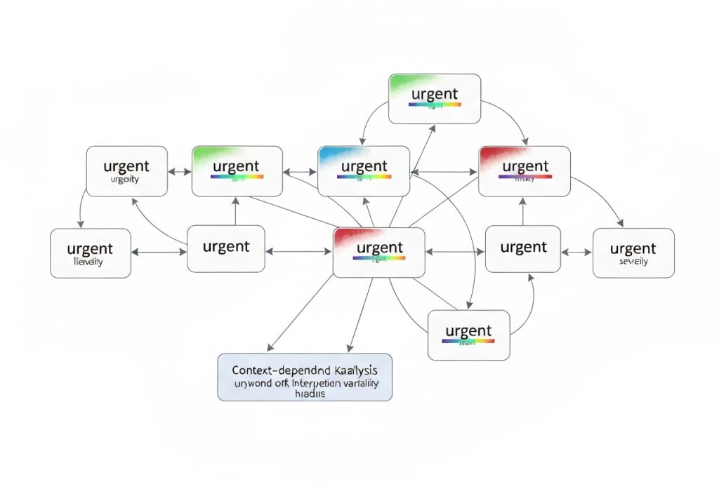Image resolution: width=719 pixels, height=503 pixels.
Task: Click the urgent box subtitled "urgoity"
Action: pyautogui.click(x=127, y=171)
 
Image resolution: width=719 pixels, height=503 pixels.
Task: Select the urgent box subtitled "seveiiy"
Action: pyautogui.click(x=633, y=253)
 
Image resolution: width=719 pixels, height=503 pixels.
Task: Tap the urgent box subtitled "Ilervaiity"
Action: pyautogui.click(x=91, y=253)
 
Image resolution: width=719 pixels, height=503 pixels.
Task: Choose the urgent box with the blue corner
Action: pyautogui.click(x=364, y=171)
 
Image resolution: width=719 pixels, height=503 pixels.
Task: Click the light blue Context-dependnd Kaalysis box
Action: pyautogui.click(x=305, y=377)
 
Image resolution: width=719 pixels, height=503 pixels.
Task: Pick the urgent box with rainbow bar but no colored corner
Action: pyautogui.click(x=468, y=335)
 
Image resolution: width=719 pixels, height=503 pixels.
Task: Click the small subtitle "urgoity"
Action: pyautogui.click(x=125, y=180)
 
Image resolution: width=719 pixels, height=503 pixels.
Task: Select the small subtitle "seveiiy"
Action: pyautogui.click(x=633, y=261)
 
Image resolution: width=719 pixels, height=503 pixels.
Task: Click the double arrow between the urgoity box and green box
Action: pyautogui.click(x=180, y=171)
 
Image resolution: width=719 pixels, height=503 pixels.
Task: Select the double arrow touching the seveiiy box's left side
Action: pyautogui.click(x=577, y=250)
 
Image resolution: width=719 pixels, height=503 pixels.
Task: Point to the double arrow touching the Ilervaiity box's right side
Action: pyautogui.click(x=159, y=250)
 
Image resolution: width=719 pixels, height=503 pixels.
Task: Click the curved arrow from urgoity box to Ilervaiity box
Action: pyautogui.click(x=81, y=209)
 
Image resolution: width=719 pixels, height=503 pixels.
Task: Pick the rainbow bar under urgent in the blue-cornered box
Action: pyautogui.click(x=364, y=177)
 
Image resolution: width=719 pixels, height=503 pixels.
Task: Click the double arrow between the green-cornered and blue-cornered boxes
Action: pyautogui.click(x=301, y=171)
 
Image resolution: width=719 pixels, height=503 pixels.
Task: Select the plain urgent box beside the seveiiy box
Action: pyautogui.click(x=523, y=248)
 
